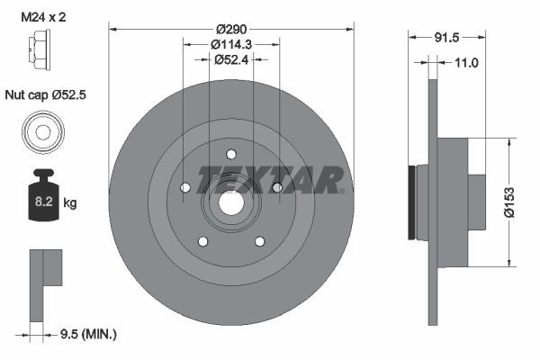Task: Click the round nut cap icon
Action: (42, 132)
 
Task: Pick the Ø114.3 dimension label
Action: (231, 44)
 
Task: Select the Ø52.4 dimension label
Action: (231, 59)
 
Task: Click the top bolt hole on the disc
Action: (231, 154)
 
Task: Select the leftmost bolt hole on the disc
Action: (184, 188)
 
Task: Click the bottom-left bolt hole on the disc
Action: (202, 241)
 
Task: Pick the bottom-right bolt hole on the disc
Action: (260, 241)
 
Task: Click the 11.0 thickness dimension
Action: (466, 62)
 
